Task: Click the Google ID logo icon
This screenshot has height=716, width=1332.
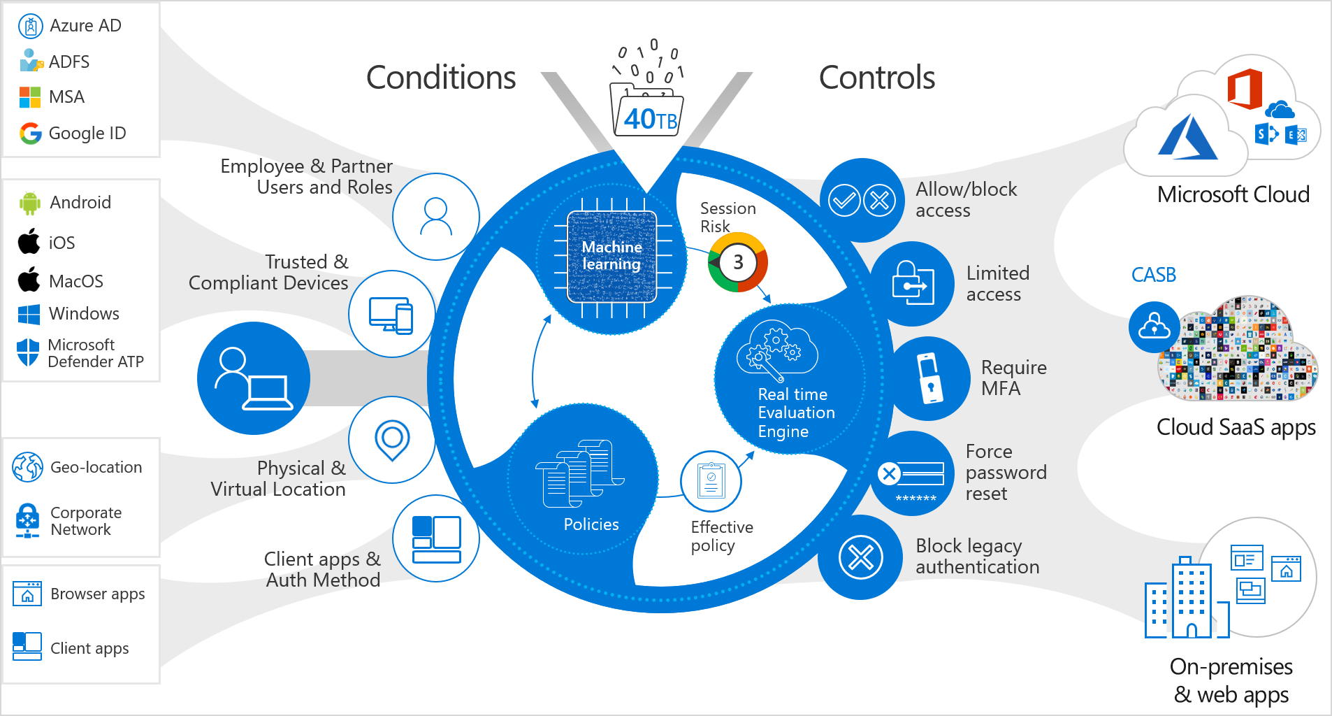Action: click(30, 133)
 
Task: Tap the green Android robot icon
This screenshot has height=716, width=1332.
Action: click(30, 203)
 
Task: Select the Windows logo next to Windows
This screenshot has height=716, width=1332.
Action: click(29, 314)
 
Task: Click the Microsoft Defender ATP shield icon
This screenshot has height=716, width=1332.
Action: click(28, 352)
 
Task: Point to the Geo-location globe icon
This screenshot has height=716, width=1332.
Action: click(28, 467)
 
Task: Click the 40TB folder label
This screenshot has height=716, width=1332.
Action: click(649, 118)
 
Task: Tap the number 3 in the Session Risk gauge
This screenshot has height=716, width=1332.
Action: click(738, 262)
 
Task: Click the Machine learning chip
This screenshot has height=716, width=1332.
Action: click(612, 257)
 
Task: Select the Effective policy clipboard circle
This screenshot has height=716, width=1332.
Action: click(711, 481)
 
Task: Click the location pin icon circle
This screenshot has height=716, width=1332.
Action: click(392, 440)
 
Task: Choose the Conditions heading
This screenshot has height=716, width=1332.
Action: click(441, 78)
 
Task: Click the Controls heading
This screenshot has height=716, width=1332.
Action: click(876, 78)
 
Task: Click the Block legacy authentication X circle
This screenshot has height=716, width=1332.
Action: click(860, 557)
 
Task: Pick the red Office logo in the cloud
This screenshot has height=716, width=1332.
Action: click(1245, 89)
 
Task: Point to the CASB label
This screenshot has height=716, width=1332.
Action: click(1153, 275)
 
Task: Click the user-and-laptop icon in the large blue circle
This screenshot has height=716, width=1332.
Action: click(254, 378)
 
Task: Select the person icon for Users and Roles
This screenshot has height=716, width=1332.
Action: click(435, 217)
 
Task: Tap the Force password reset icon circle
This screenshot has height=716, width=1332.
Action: click(913, 474)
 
